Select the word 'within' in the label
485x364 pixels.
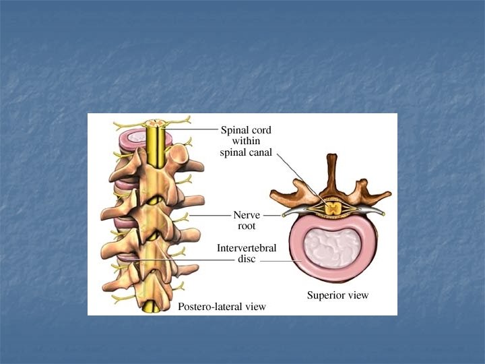247,141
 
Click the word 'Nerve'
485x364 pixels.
247,215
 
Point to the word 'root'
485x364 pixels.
247,226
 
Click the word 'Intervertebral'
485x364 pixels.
247,248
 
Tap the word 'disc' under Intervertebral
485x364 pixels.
247,259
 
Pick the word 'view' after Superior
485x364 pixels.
358,295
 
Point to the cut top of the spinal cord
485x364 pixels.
156,125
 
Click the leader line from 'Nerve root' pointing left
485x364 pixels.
209,215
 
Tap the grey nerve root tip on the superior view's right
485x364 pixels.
383,212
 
